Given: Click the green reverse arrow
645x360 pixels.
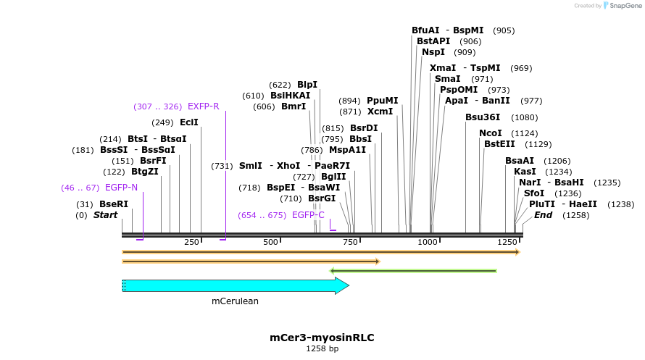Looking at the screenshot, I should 413,271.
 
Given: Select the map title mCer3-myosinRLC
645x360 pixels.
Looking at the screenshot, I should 322,338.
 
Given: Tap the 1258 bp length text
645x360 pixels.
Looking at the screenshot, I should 322,349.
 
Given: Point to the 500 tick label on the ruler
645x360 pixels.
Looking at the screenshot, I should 270,241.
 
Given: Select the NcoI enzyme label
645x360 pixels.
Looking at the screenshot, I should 491,133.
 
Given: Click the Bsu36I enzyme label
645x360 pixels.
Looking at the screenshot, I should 483,117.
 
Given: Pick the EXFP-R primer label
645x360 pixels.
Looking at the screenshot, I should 203,106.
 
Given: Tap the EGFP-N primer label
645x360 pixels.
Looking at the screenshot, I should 121,188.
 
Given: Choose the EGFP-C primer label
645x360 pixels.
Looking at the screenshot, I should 308,215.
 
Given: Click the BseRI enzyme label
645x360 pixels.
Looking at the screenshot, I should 114,204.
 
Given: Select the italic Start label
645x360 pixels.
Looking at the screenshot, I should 105,215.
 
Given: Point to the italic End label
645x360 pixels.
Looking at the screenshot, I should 544,215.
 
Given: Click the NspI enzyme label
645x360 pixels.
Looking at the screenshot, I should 433,52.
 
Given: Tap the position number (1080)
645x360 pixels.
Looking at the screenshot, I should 525,117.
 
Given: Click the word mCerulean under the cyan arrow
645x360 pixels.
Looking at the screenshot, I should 235,301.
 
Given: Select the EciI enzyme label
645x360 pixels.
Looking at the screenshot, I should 189,123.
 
